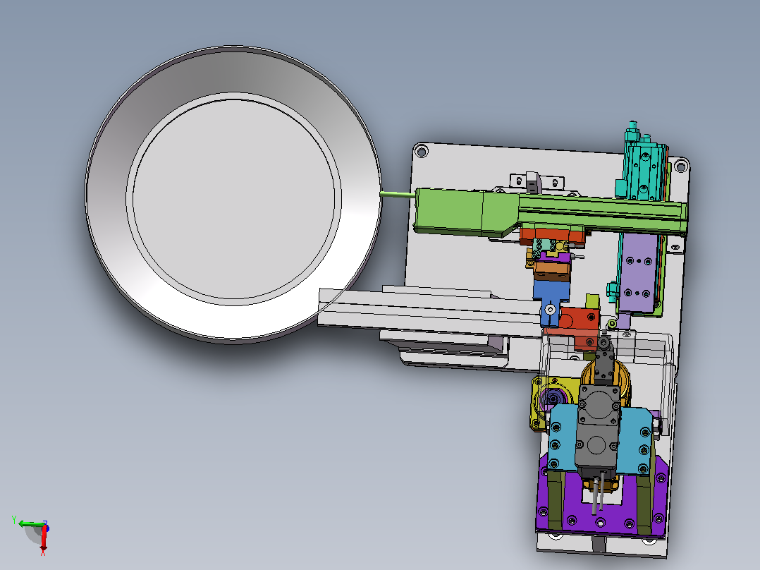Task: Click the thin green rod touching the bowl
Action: [398, 195]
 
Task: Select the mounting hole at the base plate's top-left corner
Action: [422, 152]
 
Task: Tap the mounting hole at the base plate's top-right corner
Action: [680, 166]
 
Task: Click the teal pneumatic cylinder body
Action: [643, 170]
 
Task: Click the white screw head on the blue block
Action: [550, 309]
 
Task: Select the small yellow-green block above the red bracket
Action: [592, 301]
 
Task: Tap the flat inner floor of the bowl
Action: [234, 199]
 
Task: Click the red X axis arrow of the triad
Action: [43, 538]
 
